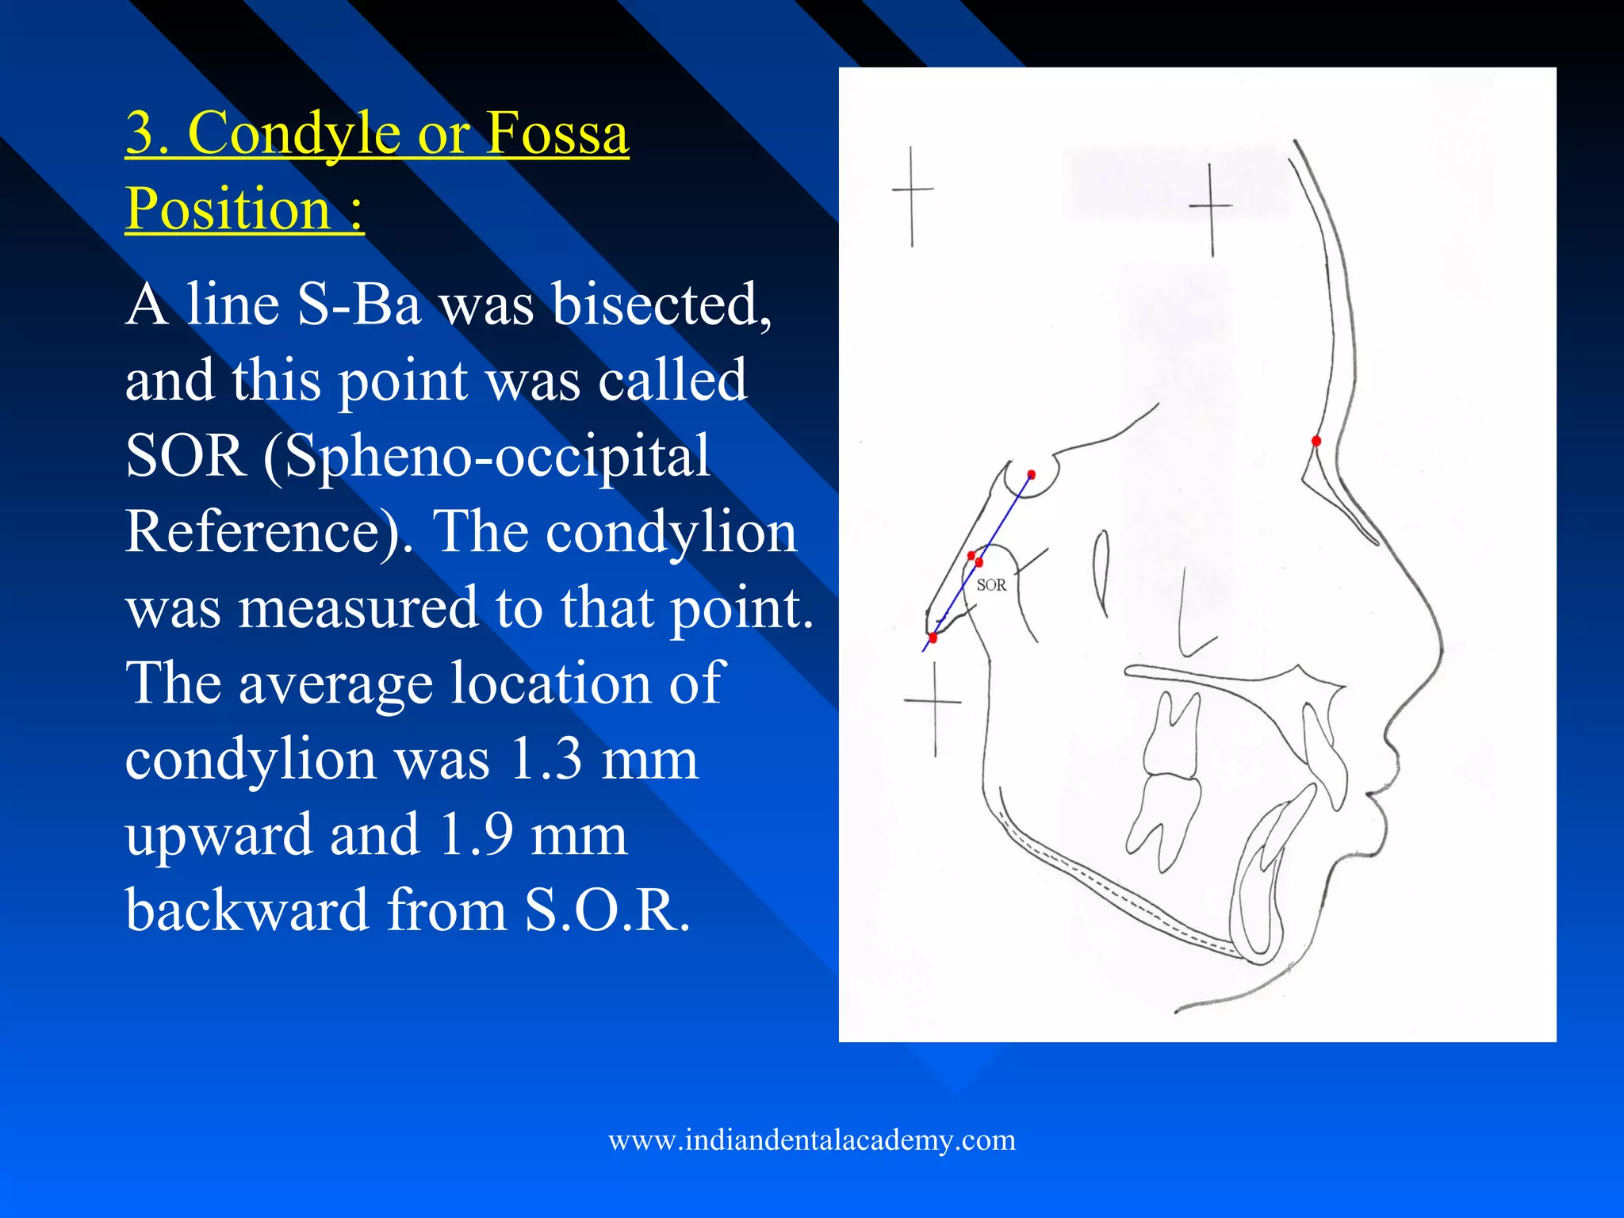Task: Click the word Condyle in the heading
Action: [294, 133]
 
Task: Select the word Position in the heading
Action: [228, 209]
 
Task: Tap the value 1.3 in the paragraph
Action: [545, 759]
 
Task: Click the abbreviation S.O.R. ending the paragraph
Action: [607, 910]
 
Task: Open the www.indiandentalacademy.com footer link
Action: [812, 1140]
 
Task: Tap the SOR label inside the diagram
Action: [991, 585]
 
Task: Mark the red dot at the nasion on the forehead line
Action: [1316, 441]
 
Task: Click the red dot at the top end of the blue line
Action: [1031, 475]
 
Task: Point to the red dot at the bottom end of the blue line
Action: [933, 638]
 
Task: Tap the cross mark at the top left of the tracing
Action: [912, 190]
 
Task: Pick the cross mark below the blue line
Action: [935, 702]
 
